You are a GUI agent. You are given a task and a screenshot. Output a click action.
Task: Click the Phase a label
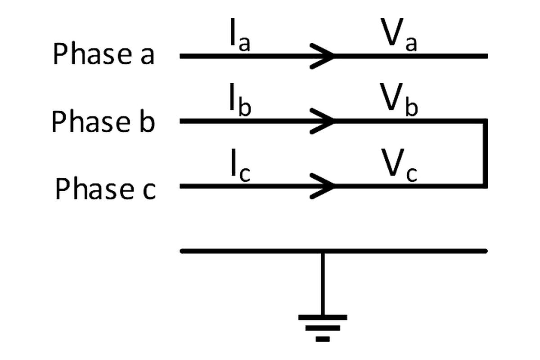click(x=103, y=54)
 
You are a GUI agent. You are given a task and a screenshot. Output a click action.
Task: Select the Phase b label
click(x=103, y=121)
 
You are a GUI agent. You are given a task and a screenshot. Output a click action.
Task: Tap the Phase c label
click(x=105, y=189)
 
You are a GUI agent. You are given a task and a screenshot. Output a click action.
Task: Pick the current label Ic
click(x=239, y=172)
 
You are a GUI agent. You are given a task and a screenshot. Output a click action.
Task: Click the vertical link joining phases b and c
click(x=485, y=153)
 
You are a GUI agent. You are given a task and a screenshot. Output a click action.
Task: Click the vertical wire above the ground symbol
click(x=323, y=283)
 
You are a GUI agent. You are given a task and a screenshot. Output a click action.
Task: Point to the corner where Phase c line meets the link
click(x=485, y=185)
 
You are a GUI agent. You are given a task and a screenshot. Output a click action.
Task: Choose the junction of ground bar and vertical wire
click(x=323, y=251)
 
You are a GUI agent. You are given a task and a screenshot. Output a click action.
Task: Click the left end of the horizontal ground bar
click(x=183, y=251)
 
